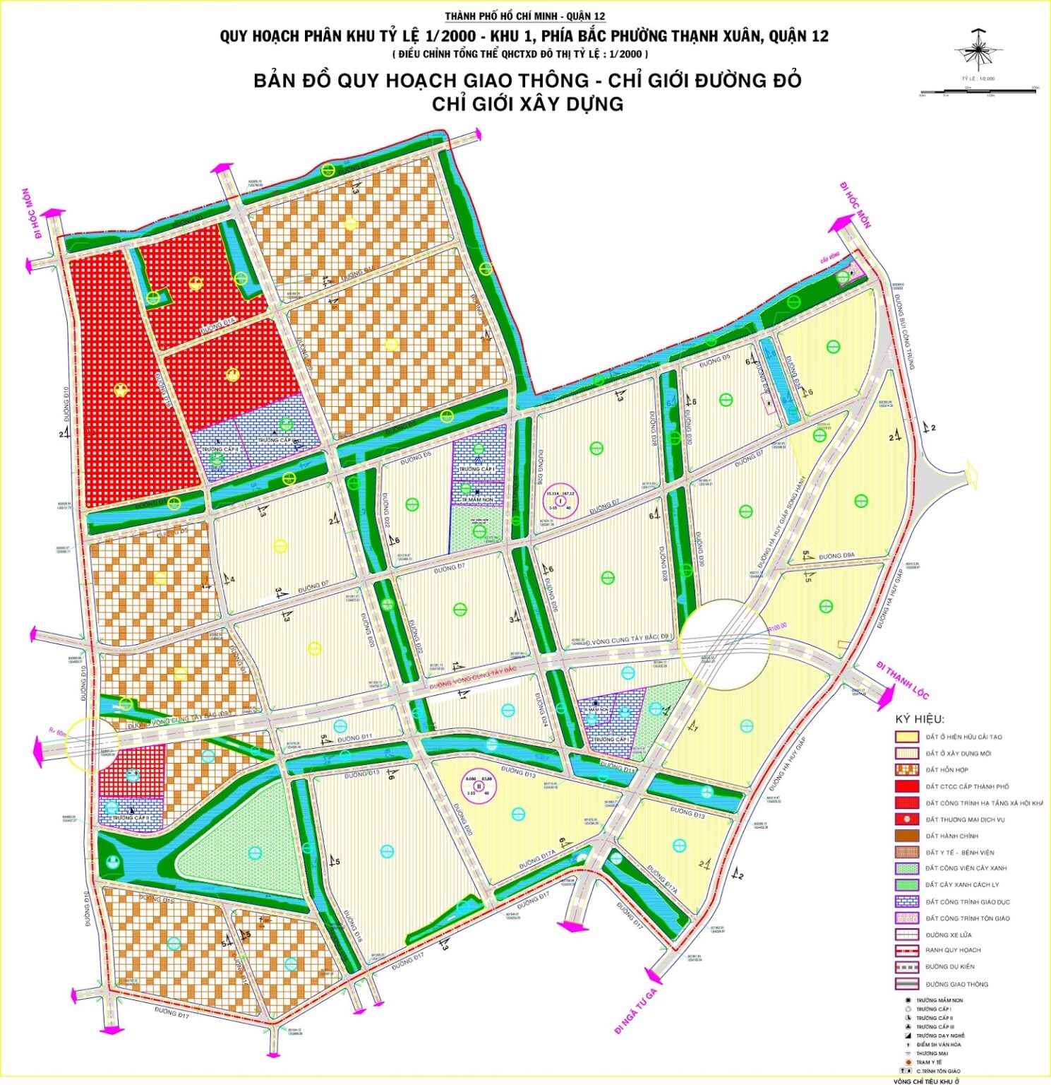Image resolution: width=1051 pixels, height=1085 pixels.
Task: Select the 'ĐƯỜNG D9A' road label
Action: tap(836, 556)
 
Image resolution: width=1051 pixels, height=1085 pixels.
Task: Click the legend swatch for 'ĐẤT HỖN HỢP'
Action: tap(906, 770)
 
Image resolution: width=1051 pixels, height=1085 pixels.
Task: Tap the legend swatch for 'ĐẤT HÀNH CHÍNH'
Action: tap(906, 836)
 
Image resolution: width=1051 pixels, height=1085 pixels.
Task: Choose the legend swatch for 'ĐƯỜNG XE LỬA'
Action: tap(906, 935)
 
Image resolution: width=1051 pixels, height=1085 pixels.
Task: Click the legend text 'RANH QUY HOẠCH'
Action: tap(953, 950)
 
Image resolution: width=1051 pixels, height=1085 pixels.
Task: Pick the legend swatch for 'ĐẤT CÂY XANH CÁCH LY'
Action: tap(906, 885)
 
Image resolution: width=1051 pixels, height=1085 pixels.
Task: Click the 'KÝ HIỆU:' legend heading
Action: tap(919, 719)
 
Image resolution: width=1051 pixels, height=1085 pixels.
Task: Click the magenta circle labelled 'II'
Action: tap(479, 785)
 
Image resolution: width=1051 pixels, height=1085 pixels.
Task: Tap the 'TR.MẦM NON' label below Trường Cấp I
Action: tap(478, 499)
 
